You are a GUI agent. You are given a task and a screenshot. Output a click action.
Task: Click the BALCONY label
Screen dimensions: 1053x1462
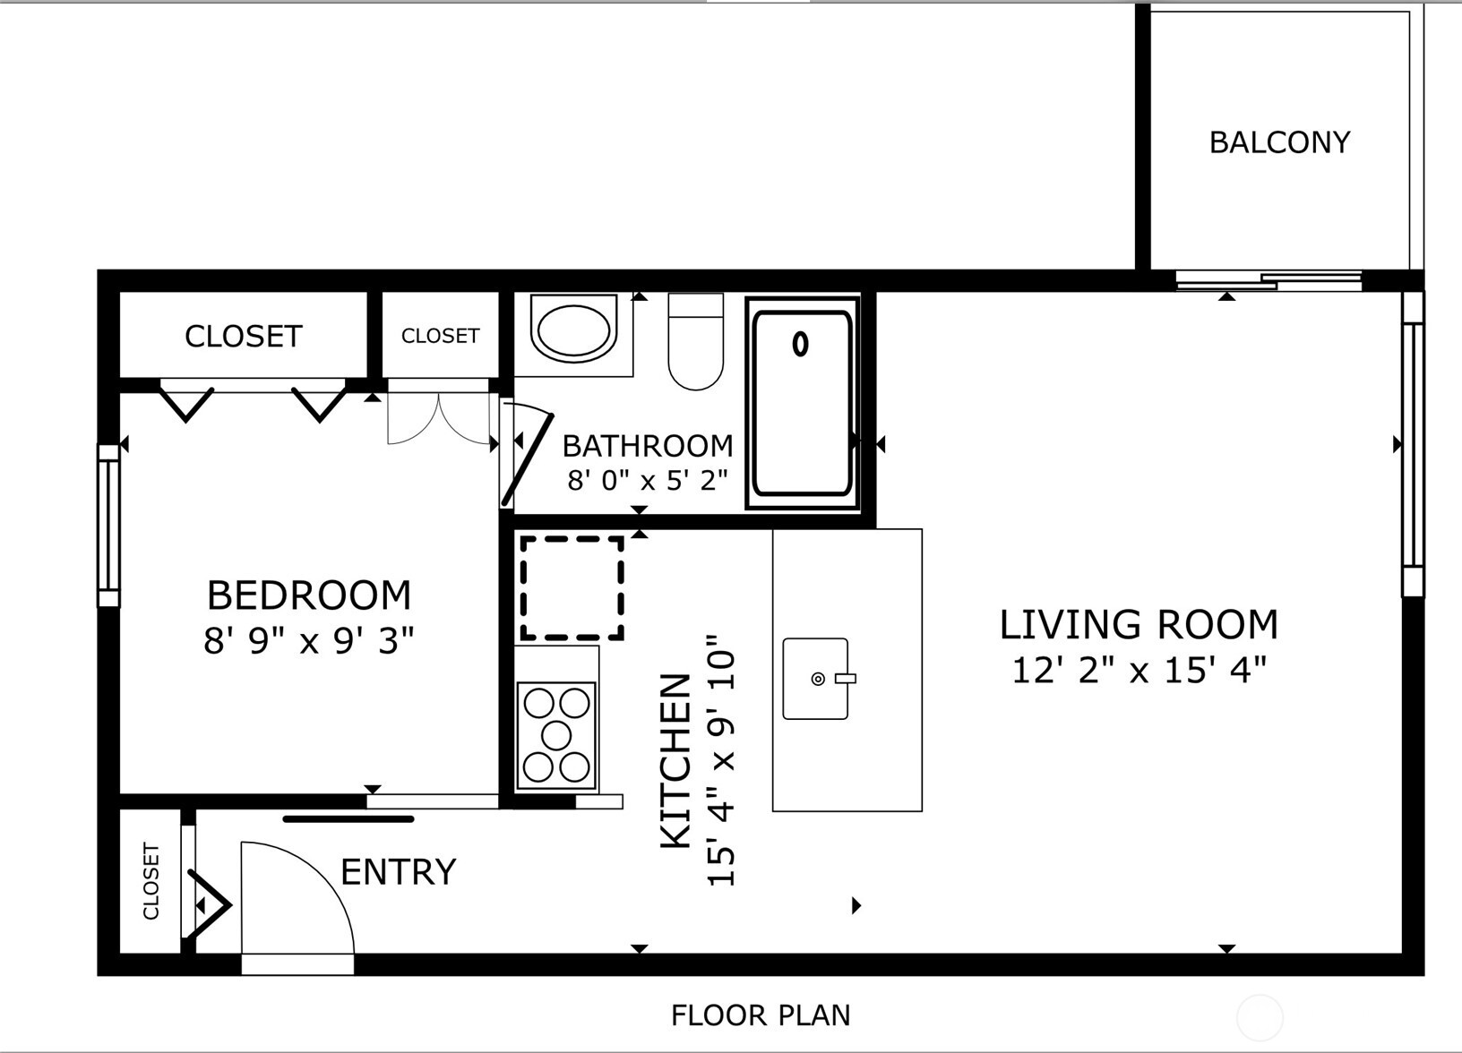coord(1279,142)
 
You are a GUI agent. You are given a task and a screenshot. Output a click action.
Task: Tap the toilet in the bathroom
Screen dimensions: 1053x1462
coord(696,345)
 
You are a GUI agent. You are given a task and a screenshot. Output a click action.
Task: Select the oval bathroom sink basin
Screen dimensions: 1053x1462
coord(573,329)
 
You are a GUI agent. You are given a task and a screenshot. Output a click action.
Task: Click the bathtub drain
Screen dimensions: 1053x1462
coord(800,344)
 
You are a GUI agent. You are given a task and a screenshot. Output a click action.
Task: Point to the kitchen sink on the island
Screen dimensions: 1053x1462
coord(815,679)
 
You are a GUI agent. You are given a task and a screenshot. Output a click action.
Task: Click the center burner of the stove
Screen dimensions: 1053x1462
coord(556,735)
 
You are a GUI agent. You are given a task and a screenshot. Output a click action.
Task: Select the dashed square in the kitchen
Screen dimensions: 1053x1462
coord(572,587)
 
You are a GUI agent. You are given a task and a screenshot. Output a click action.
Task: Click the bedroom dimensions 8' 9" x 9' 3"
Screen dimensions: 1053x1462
coord(308,641)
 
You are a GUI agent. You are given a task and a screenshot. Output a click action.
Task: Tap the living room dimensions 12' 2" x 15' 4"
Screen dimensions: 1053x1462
coord(1139,670)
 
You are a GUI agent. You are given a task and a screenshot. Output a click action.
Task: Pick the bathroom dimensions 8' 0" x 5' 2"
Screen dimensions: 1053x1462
coord(647,480)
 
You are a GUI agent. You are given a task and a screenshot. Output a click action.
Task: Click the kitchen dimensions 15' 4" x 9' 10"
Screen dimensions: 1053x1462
coord(722,761)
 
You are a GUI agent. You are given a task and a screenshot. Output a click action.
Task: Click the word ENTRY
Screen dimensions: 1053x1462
coord(398,871)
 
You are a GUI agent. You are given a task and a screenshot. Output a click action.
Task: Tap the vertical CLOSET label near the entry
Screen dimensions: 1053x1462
coord(150,881)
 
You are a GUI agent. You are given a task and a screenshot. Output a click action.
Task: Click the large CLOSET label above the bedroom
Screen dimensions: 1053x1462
coord(243,337)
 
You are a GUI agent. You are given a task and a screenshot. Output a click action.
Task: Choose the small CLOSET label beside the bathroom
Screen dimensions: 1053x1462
coord(440,336)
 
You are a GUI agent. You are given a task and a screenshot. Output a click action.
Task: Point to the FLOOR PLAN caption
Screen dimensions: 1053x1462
coord(761,1015)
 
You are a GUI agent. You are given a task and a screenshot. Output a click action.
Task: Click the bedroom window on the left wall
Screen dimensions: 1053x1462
coord(108,526)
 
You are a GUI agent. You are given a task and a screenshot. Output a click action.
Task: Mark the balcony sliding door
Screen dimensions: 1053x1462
coord(1268,280)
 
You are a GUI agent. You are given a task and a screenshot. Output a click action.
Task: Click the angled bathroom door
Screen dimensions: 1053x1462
coord(529,458)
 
